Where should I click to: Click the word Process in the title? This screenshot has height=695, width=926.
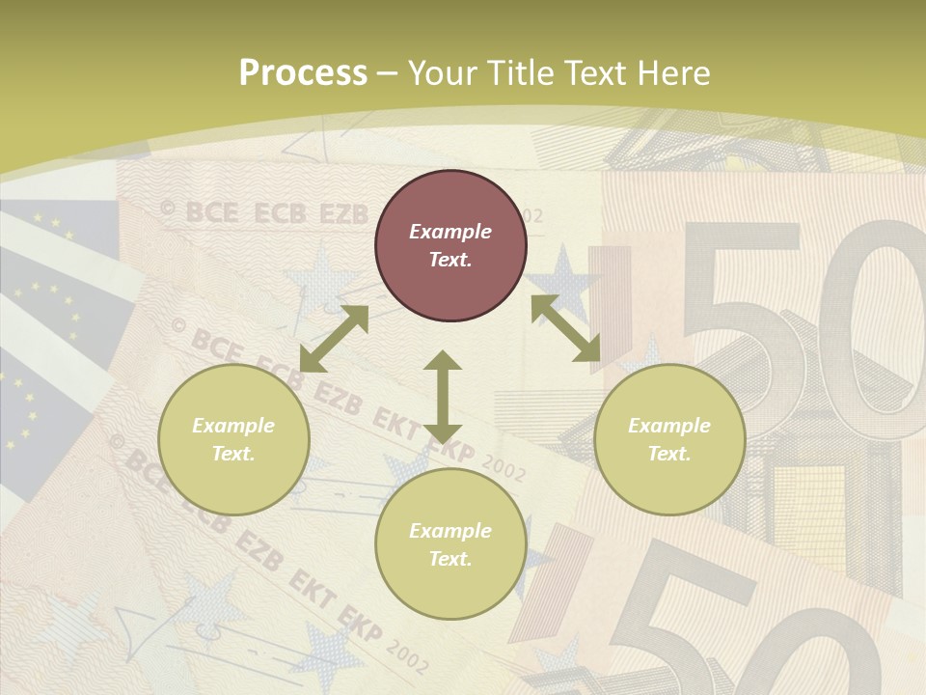point(303,73)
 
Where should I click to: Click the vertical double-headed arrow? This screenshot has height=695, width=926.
point(443,398)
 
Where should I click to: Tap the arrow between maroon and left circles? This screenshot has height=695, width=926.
point(334,338)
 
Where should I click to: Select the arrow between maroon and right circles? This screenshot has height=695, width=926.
point(565,328)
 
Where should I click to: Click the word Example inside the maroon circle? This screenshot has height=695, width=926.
point(450,232)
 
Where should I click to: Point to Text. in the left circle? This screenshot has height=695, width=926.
point(233,454)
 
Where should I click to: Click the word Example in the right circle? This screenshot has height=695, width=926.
point(669,426)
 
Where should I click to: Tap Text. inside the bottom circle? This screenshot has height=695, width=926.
point(450,559)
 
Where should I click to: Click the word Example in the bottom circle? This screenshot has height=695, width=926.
point(450,531)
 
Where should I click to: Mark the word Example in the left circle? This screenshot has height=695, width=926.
point(233,426)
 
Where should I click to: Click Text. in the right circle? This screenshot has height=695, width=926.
point(669,454)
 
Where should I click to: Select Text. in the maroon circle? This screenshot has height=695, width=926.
point(450,260)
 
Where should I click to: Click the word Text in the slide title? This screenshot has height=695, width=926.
point(594,73)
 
